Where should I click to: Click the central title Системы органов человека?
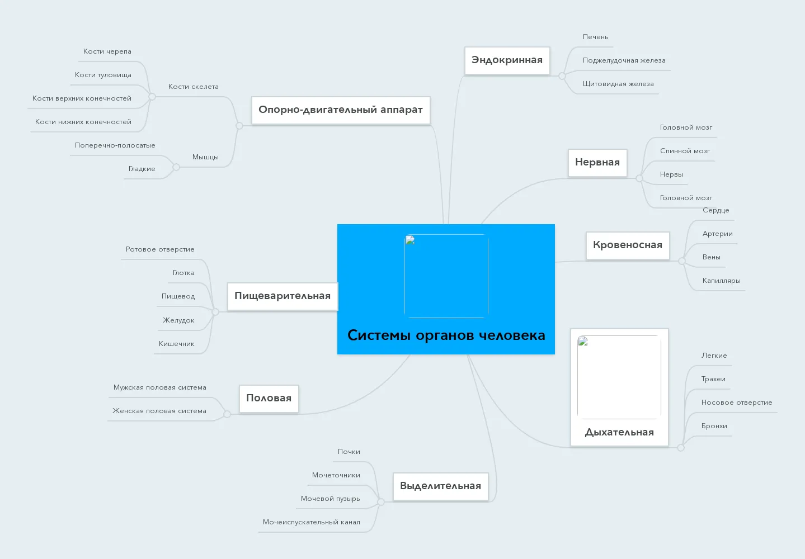446,335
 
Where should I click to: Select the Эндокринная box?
507,60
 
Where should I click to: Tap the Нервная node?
597,163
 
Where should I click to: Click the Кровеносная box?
628,245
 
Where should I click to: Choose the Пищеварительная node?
283,296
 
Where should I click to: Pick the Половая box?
269,399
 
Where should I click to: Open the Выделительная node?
441,486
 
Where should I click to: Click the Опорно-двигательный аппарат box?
341,110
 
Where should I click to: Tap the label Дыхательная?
619,432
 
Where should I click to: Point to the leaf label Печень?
595,37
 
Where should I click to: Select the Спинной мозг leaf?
685,151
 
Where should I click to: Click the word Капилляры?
721,281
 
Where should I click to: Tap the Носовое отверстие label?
737,402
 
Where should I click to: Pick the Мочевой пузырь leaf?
330,499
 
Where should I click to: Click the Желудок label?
178,320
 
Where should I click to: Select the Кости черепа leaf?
107,51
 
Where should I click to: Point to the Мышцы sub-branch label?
205,157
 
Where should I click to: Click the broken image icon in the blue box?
410,240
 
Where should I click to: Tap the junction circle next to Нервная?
639,178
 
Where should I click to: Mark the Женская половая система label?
159,411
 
